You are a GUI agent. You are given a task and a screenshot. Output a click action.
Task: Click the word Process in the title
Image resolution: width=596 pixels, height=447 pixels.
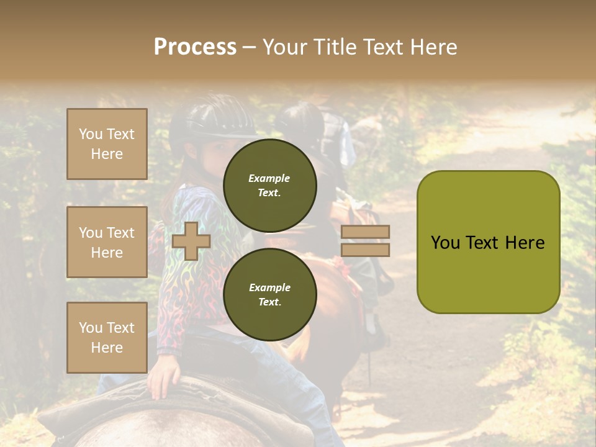pyautogui.click(x=195, y=47)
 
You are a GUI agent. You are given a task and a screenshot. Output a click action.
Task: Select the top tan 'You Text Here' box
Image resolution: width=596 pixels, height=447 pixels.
pyautogui.click(x=107, y=144)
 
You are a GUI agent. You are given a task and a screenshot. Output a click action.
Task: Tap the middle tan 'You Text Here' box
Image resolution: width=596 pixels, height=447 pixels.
pyautogui.click(x=107, y=242)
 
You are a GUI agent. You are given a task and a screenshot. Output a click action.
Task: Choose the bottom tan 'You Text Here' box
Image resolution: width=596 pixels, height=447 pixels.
pyautogui.click(x=107, y=337)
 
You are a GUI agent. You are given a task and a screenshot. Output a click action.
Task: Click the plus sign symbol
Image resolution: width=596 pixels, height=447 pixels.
pyautogui.click(x=191, y=241)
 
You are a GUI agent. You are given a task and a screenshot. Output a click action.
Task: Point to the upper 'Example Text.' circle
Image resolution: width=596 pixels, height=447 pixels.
pyautogui.click(x=269, y=185)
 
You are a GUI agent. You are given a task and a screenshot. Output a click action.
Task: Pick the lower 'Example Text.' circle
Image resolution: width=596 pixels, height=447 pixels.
pyautogui.click(x=269, y=294)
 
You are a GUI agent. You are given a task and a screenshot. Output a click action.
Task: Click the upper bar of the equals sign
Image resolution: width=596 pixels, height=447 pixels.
pyautogui.click(x=365, y=232)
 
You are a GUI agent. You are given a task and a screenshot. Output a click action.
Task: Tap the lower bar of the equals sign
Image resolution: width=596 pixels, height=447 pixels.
pyautogui.click(x=365, y=250)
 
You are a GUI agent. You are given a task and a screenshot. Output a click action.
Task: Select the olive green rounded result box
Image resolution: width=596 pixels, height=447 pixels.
pyautogui.click(x=488, y=242)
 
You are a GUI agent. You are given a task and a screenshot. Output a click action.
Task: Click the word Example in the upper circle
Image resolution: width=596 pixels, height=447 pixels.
pyautogui.click(x=269, y=178)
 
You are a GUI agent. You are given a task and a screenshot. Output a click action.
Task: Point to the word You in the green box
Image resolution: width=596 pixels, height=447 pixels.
pyautogui.click(x=445, y=243)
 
